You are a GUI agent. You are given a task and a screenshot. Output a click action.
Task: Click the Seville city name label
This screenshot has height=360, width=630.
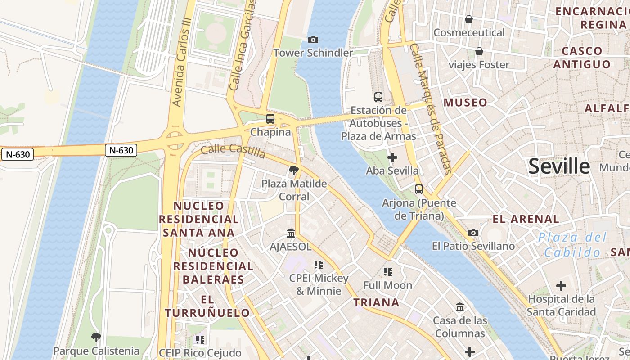[x=559, y=166]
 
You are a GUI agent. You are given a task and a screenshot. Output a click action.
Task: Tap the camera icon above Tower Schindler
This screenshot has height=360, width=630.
[x=313, y=40]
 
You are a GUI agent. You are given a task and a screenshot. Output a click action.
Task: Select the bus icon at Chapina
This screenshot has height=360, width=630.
[x=270, y=119]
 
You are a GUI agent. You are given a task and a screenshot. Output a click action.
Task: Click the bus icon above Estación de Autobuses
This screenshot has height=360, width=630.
[x=378, y=97]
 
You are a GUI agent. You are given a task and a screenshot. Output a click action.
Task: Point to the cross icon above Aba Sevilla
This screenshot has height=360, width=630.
[x=392, y=157]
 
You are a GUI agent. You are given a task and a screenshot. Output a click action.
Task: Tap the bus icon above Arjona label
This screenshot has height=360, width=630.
[x=419, y=189]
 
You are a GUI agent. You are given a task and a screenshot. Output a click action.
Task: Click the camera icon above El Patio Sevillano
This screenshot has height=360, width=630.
[x=473, y=233]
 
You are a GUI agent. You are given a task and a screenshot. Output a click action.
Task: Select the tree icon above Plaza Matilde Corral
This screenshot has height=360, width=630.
[x=294, y=170]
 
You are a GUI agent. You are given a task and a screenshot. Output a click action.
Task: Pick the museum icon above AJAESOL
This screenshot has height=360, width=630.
[x=291, y=233]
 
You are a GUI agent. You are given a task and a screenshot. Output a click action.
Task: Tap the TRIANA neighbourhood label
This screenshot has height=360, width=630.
[x=377, y=302]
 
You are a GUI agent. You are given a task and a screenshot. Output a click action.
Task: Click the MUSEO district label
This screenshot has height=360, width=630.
[x=465, y=103]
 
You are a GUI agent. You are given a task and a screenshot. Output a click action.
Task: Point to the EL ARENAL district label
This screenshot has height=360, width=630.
[x=526, y=219]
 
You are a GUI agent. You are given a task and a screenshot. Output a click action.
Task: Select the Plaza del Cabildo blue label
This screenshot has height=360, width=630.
[x=572, y=245]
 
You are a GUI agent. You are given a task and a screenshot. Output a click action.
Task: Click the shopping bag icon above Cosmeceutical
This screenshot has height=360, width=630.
[x=469, y=19]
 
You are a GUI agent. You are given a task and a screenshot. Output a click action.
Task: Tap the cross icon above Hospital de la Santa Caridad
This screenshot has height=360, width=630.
[x=561, y=286]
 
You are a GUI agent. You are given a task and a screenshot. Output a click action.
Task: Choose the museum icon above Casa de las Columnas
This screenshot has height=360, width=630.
[x=460, y=307]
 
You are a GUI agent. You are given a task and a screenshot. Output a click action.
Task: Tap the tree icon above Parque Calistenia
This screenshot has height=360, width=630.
[x=96, y=337]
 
